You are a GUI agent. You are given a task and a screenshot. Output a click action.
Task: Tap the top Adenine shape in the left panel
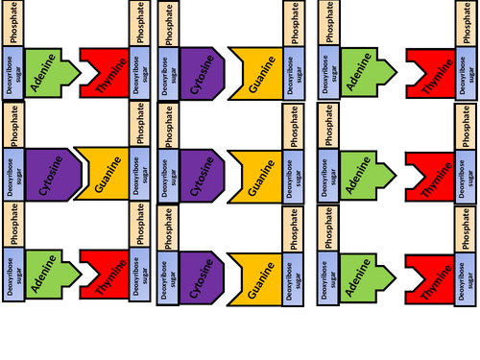pyautogui.click(x=44, y=71)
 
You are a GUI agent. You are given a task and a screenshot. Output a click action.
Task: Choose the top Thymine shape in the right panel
pyautogui.click(x=428, y=71)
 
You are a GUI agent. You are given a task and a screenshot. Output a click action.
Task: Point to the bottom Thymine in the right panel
pyautogui.click(x=428, y=275)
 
